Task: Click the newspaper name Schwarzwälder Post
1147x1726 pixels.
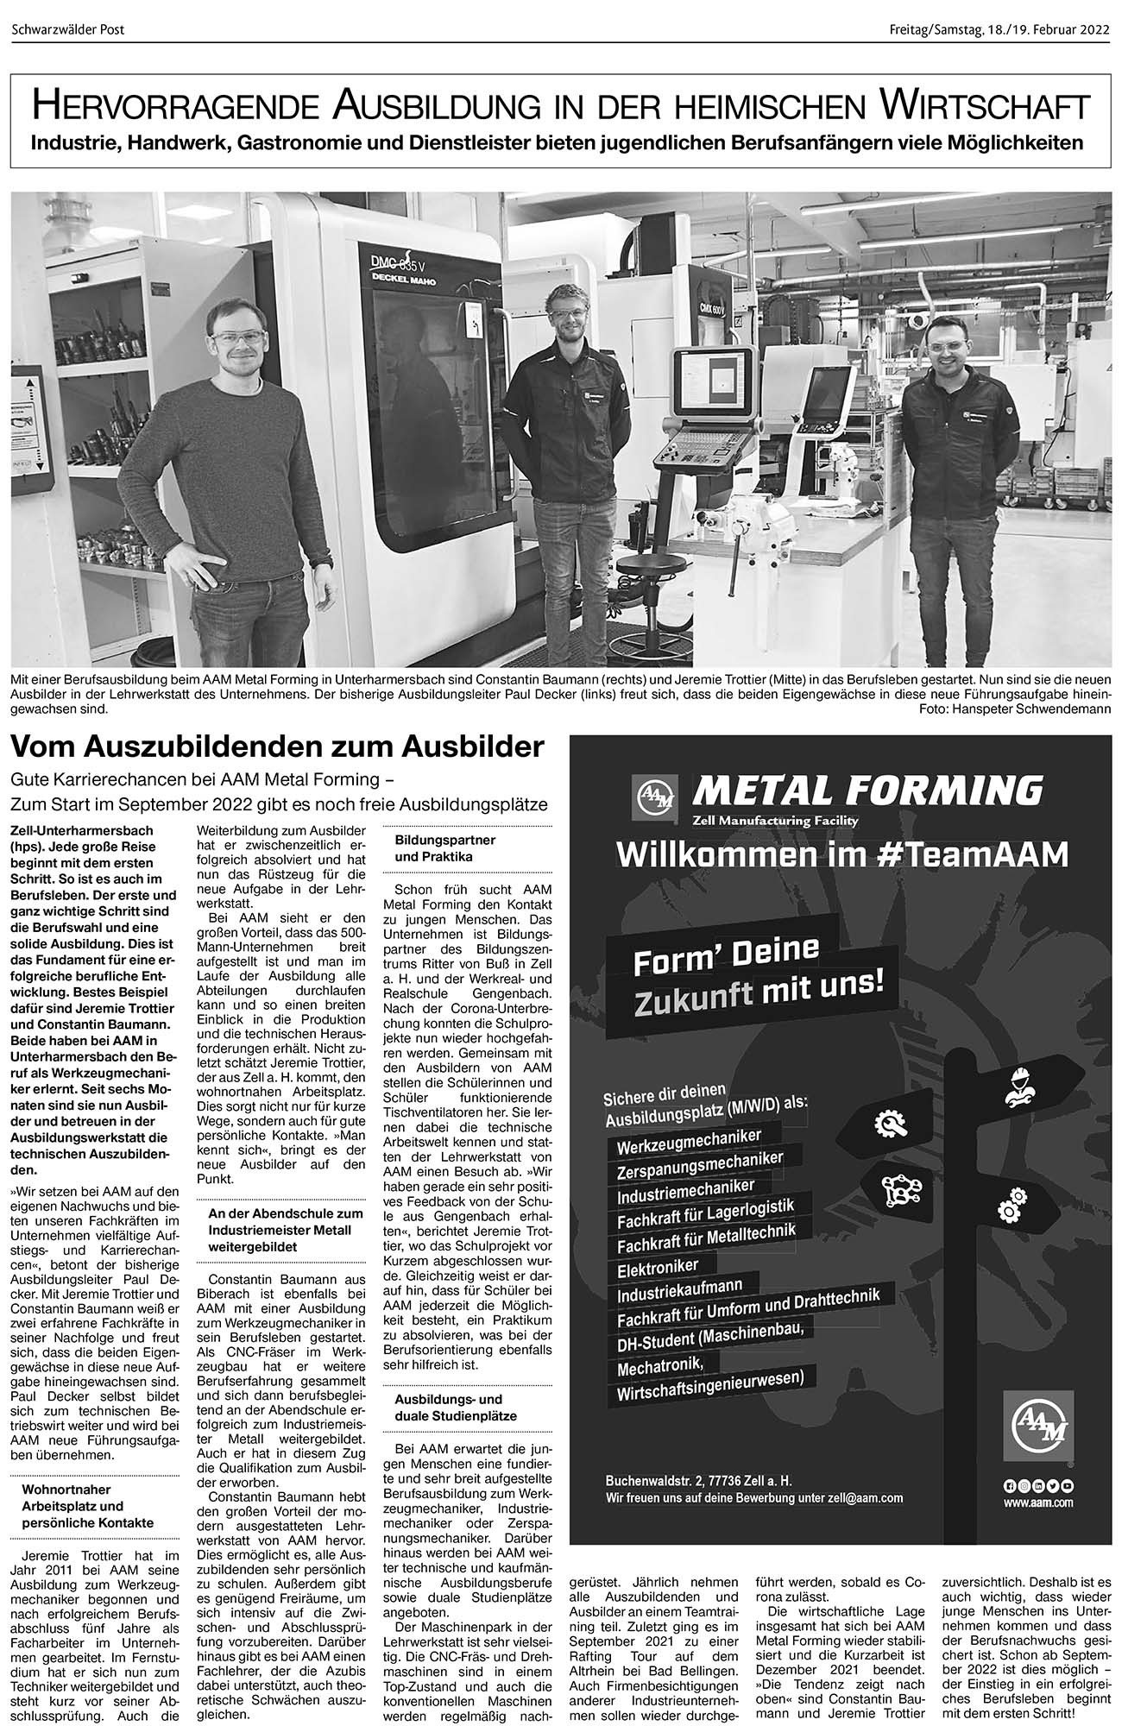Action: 68,29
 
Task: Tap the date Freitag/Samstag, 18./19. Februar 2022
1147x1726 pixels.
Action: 999,29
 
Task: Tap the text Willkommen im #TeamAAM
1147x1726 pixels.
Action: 841,854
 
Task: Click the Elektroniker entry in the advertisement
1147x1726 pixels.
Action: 658,1266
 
